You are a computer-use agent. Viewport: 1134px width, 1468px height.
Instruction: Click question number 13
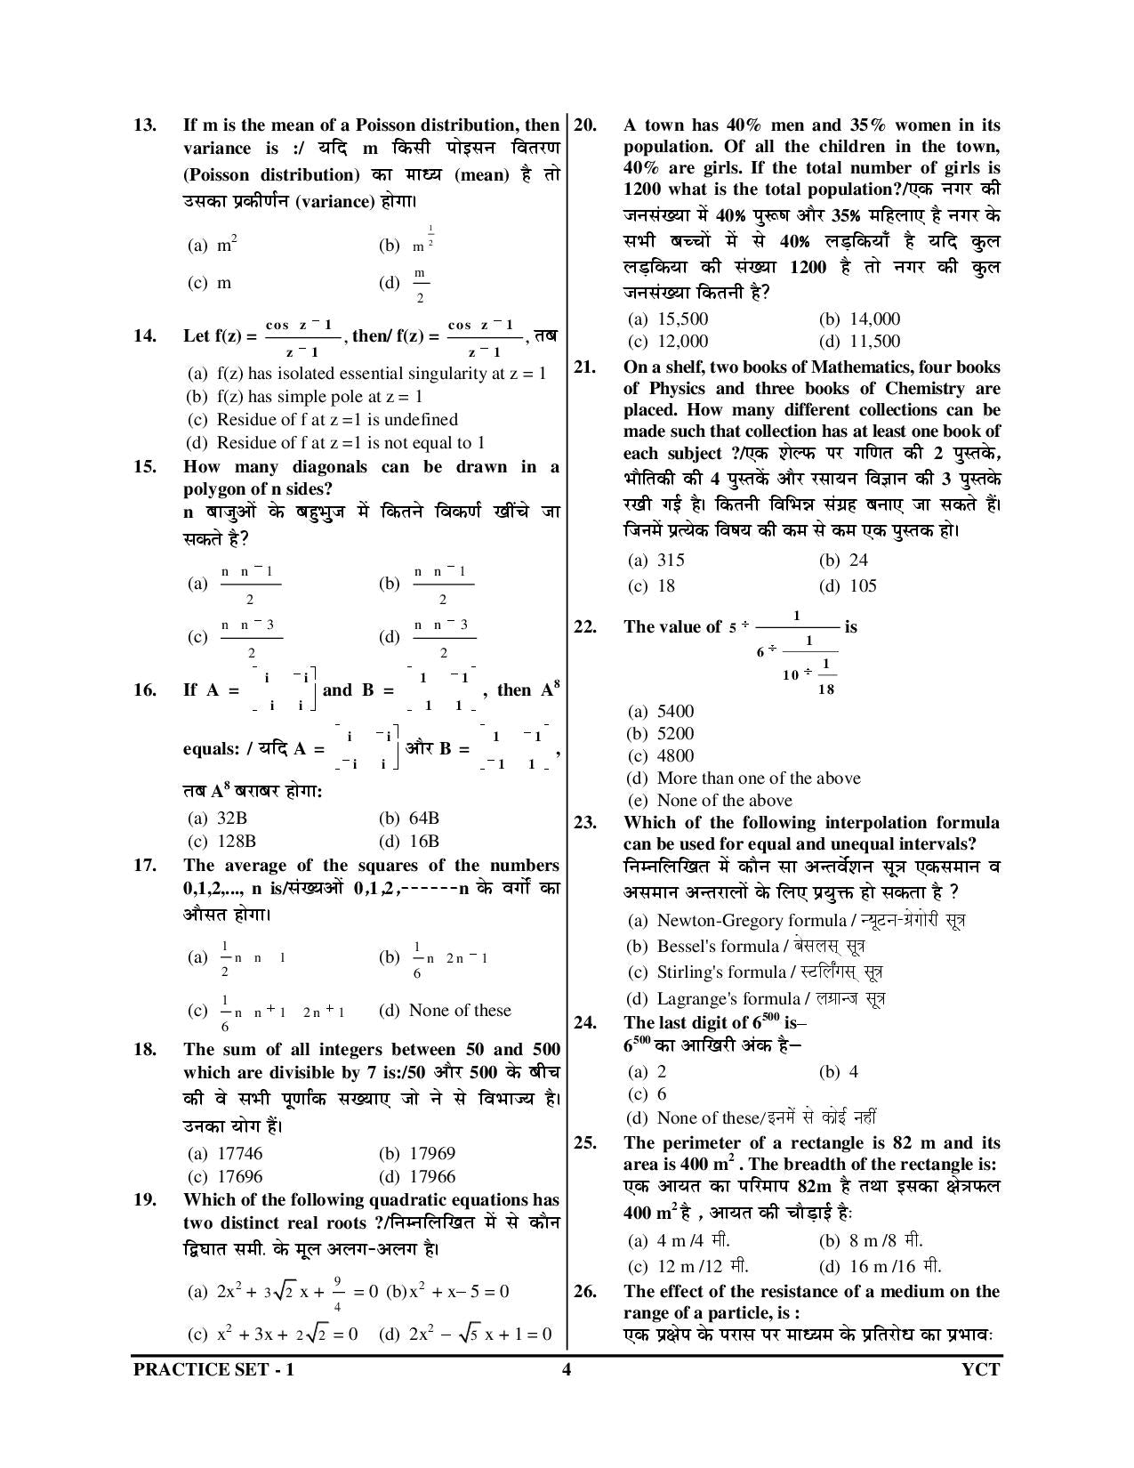pyautogui.click(x=144, y=125)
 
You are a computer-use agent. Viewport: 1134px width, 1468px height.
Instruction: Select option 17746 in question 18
pyautogui.click(x=239, y=1154)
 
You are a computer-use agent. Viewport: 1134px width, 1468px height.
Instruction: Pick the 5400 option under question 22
pyautogui.click(x=675, y=712)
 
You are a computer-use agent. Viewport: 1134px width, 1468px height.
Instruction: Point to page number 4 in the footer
pyautogui.click(x=566, y=1369)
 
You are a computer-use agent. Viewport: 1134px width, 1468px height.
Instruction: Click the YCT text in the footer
pyautogui.click(x=981, y=1369)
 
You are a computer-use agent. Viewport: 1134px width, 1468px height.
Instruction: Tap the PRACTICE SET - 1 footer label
pyautogui.click(x=213, y=1369)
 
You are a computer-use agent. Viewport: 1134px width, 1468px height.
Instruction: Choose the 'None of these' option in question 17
pyautogui.click(x=459, y=1011)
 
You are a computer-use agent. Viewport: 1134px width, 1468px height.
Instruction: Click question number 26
pyautogui.click(x=584, y=1292)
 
